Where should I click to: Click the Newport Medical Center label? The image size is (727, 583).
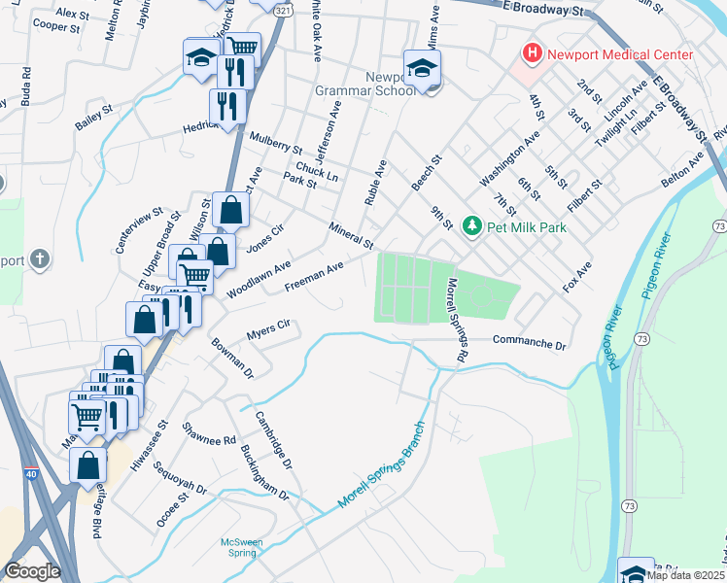coord(620,54)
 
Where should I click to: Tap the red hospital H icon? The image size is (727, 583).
coord(532,53)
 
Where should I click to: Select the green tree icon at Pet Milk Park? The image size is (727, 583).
coord(472,227)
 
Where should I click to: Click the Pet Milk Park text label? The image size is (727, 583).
coord(526,227)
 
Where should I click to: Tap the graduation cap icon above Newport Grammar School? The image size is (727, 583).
coord(423,68)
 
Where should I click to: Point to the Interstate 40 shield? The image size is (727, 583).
coord(31,473)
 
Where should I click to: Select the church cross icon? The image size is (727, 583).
coord(38,258)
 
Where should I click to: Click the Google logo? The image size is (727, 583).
coord(31,571)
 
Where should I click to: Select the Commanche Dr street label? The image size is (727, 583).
coord(529,344)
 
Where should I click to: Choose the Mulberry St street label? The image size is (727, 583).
coord(276,143)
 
